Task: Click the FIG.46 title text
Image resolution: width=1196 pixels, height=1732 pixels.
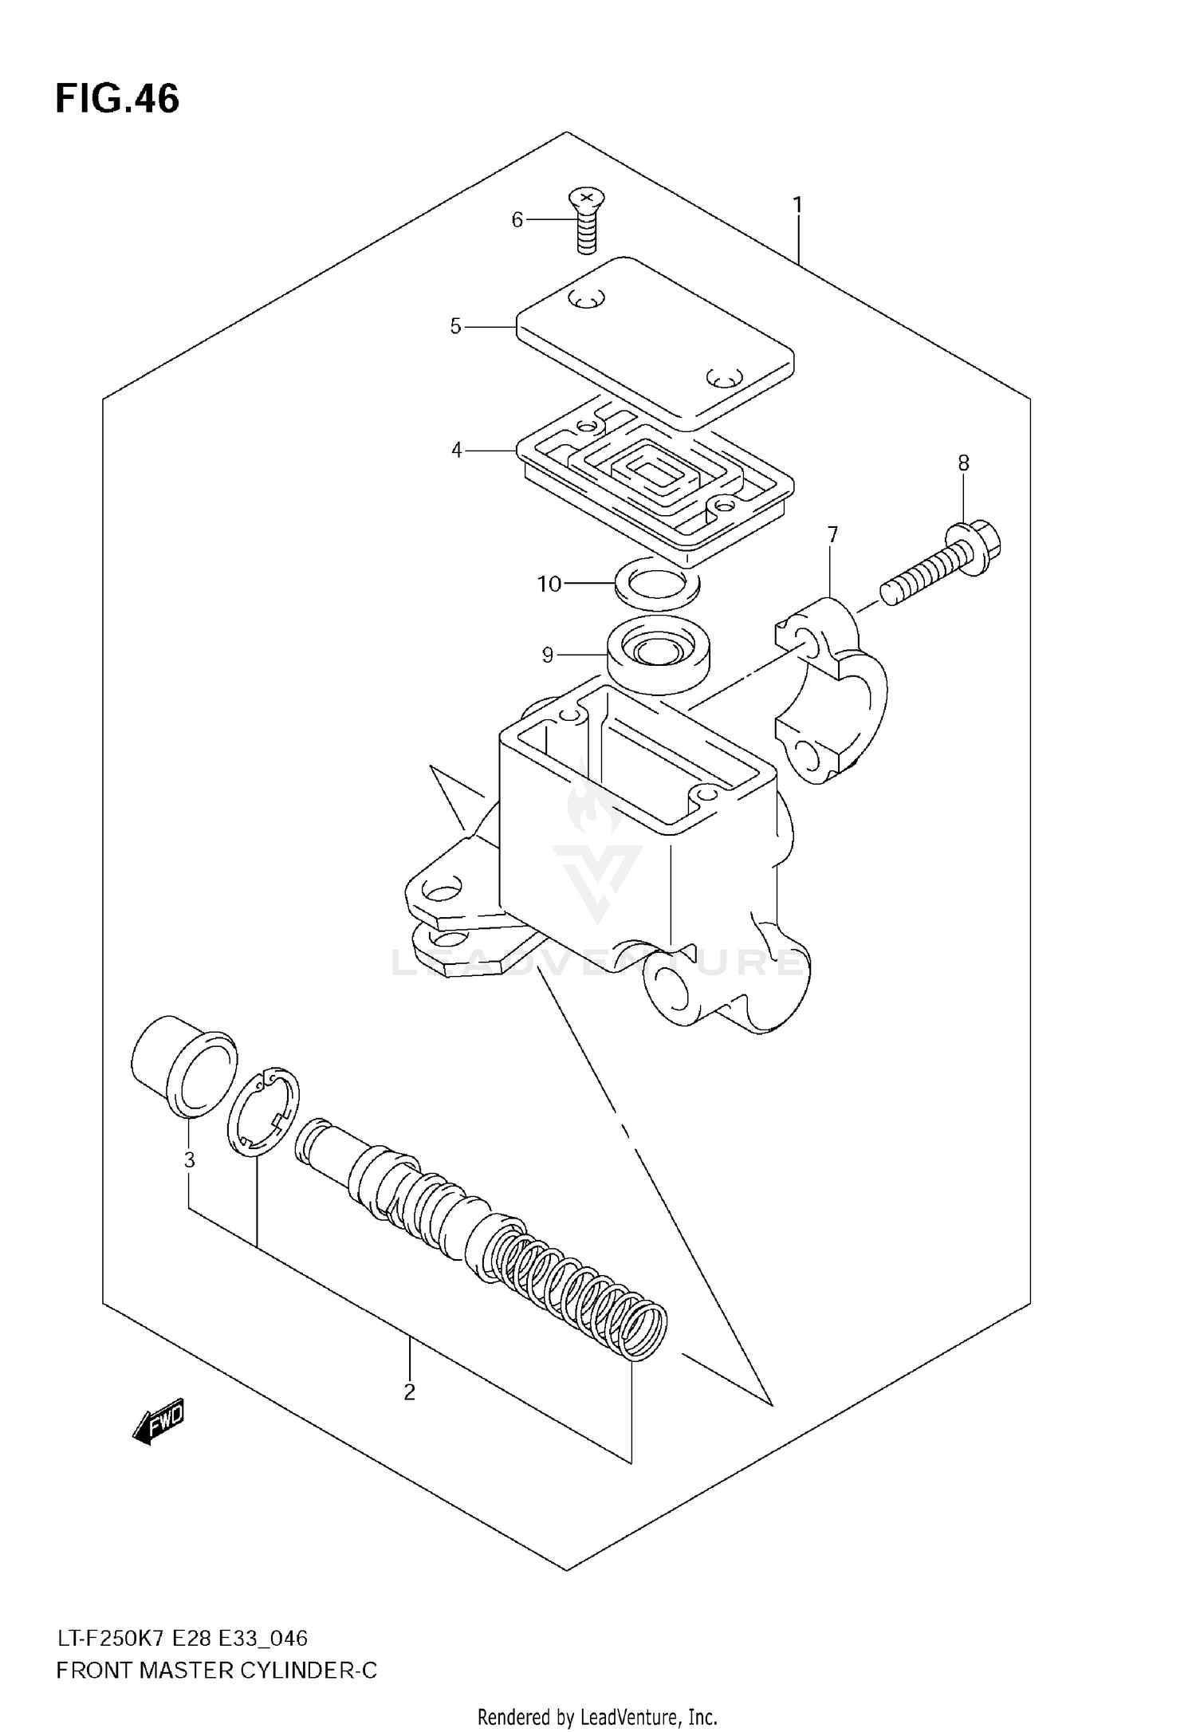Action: [x=117, y=100]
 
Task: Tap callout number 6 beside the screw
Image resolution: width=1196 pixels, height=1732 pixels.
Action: [x=517, y=219]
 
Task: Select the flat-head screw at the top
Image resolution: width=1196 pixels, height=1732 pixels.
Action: [x=587, y=220]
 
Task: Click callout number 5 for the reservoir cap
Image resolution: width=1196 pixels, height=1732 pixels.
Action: [x=455, y=326]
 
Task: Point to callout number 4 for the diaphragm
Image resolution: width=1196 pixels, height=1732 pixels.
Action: [x=456, y=451]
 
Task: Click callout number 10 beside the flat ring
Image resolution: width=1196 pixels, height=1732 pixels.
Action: [x=549, y=585]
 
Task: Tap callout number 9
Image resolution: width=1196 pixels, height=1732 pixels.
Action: [x=547, y=655]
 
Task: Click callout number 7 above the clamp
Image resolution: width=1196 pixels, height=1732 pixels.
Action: [x=832, y=534]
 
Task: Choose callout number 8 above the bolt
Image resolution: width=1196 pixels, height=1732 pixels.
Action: [x=963, y=463]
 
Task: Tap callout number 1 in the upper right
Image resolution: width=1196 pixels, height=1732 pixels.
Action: [x=797, y=205]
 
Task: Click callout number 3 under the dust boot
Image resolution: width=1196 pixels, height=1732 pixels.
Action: [x=189, y=1159]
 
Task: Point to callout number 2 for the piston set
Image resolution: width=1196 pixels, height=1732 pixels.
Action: [x=409, y=1392]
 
